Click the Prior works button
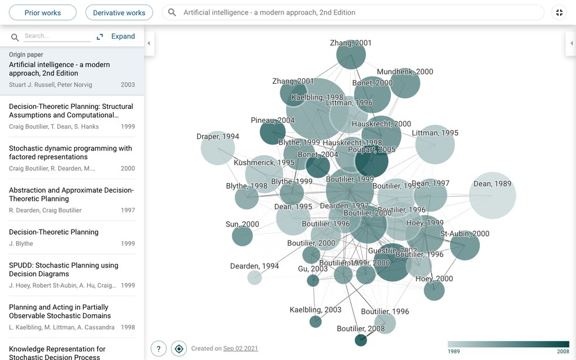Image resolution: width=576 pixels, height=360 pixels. point(43,12)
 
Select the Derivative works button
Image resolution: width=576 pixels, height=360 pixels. point(119,12)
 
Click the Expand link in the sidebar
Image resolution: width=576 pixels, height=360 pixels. point(123,36)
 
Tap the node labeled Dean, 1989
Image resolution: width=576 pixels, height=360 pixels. point(492,196)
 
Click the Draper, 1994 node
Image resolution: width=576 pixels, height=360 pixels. point(218,148)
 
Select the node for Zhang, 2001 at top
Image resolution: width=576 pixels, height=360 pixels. point(351,56)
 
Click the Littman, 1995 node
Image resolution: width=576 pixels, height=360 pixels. point(435,145)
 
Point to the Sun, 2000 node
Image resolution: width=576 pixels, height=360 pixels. point(242,236)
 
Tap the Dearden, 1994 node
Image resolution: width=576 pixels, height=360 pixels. point(255,277)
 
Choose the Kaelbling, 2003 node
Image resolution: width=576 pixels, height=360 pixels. point(316,321)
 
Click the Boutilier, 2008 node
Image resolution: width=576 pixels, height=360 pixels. point(361,340)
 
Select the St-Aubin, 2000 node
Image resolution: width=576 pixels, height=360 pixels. point(465,245)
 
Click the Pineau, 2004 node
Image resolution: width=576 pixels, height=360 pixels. point(272,132)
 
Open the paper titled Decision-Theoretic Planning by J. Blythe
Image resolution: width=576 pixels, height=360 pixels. point(53,232)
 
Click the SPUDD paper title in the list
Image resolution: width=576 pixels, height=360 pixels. point(63,269)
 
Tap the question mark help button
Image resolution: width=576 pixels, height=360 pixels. point(159,349)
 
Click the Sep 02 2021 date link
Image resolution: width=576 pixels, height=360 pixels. point(241,349)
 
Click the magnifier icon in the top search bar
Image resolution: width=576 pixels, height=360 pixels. point(172,12)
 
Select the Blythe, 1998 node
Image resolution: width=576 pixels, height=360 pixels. point(246,198)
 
